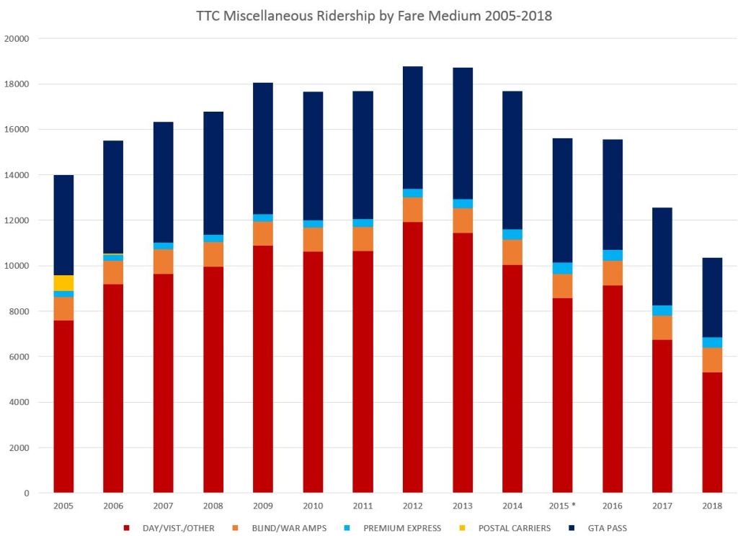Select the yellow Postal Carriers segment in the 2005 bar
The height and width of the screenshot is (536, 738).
[x=63, y=283]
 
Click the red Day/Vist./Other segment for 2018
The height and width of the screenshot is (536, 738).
[x=712, y=432]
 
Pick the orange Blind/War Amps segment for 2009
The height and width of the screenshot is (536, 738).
[x=263, y=233]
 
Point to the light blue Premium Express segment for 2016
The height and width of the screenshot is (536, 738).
[x=613, y=255]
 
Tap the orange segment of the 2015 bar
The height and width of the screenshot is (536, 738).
[x=562, y=286]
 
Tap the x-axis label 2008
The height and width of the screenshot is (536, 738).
[x=213, y=506]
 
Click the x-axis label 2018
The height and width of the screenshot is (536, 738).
[x=712, y=506]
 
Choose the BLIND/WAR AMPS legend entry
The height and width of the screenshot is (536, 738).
[x=283, y=528]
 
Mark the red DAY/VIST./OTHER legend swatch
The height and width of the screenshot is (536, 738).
[x=127, y=528]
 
